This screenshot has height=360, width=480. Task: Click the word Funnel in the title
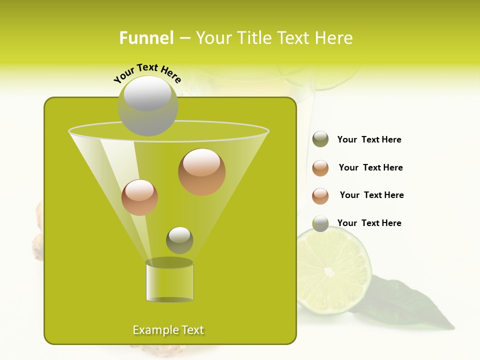146,38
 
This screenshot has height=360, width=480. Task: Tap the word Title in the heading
253,38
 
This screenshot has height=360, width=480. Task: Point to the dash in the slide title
184,38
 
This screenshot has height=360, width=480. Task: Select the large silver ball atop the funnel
147,105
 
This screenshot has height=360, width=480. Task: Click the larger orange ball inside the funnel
201,172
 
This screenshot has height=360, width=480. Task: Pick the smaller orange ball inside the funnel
139,197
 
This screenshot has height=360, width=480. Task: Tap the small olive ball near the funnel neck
179,240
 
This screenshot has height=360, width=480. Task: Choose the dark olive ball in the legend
320,139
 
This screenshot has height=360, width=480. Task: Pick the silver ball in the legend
320,223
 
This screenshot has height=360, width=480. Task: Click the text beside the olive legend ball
369,139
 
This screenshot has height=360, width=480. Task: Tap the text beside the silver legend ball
369,223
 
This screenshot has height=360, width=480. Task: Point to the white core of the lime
329,271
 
